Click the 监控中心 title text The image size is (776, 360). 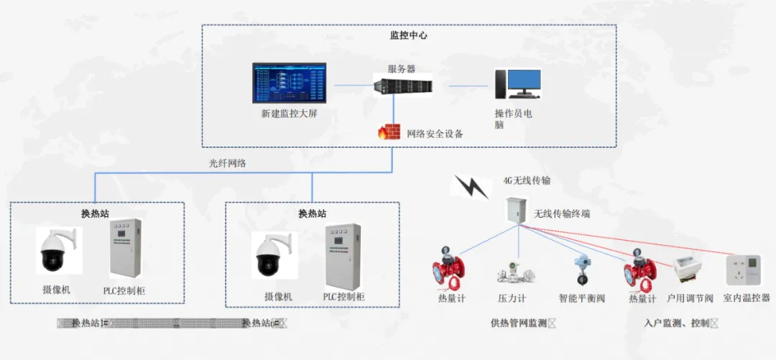pyautogui.click(x=408, y=34)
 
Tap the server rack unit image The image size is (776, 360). pyautogui.click(x=402, y=87)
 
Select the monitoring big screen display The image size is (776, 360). pyautogui.click(x=289, y=84)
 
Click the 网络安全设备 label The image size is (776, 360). pyautogui.click(x=435, y=134)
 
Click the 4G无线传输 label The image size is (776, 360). pyautogui.click(x=527, y=180)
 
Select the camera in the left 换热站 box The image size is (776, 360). pyautogui.click(x=59, y=252)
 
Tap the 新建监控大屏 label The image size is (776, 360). pyautogui.click(x=289, y=114)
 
